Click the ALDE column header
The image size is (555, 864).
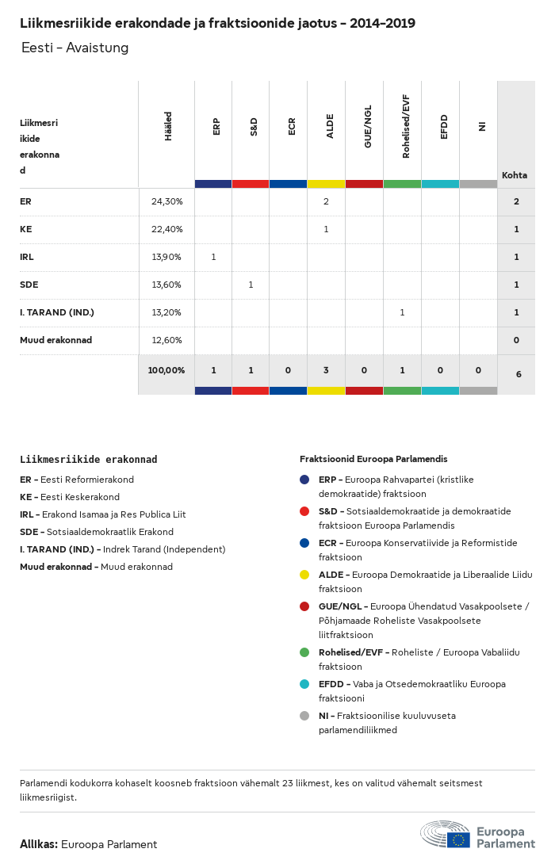coord(330,127)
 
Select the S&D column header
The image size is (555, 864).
coord(254,127)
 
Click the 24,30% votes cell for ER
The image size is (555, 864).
coord(166,202)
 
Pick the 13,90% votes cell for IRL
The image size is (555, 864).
coord(166,258)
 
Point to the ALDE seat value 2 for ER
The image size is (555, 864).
coord(326,202)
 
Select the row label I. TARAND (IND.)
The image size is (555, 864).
coord(57,312)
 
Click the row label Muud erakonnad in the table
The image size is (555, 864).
coord(55,340)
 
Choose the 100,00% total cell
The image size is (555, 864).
coord(166,370)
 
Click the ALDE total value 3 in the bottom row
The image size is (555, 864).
coord(326,370)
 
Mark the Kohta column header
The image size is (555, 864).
coord(515,175)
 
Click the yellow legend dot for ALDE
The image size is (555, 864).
coord(304,575)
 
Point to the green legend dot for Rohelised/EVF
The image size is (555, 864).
coord(304,652)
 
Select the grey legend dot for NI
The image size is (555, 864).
coord(304,716)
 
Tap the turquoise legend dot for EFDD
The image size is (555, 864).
coord(304,684)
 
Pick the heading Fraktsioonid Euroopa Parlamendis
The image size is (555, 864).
coord(373,459)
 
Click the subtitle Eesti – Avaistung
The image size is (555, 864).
coord(75,48)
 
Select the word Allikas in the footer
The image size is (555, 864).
coord(39,844)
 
